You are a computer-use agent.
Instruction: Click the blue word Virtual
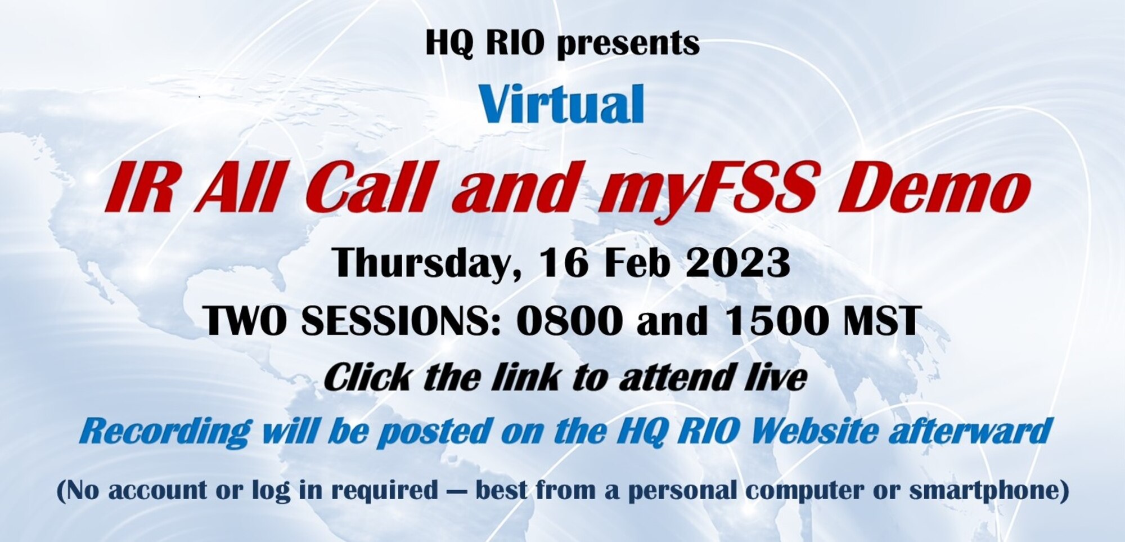561,104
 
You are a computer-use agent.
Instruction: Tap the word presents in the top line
628,43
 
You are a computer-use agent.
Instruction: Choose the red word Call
369,187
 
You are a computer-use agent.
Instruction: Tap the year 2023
737,262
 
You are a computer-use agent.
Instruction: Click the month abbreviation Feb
636,262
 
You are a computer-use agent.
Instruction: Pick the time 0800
569,321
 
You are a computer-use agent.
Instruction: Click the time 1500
777,321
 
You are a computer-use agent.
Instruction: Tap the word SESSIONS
400,321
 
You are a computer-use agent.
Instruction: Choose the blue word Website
814,431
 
